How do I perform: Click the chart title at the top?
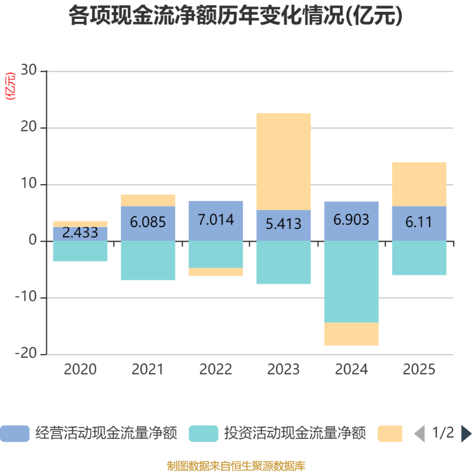pyautogui.click(x=235, y=16)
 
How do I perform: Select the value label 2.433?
pyautogui.click(x=80, y=232)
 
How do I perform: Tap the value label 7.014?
pyautogui.click(x=216, y=220)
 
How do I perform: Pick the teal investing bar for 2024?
pyautogui.click(x=351, y=282)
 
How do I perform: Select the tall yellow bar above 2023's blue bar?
pyautogui.click(x=284, y=161)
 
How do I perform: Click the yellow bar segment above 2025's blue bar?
pyautogui.click(x=419, y=184)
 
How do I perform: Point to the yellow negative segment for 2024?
pyautogui.click(x=351, y=335)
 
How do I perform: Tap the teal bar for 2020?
pyautogui.click(x=80, y=251)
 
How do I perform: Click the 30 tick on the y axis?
pyautogui.click(x=28, y=71)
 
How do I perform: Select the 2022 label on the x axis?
pyautogui.click(x=216, y=370)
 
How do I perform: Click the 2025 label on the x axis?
pyautogui.click(x=419, y=370)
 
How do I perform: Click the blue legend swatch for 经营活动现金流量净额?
pyautogui.click(x=15, y=434)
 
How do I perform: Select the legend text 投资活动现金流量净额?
pyautogui.click(x=295, y=434)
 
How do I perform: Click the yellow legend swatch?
pyautogui.click(x=390, y=434)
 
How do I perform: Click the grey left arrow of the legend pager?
pyautogui.click(x=419, y=434)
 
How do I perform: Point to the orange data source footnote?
pyautogui.click(x=236, y=466)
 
